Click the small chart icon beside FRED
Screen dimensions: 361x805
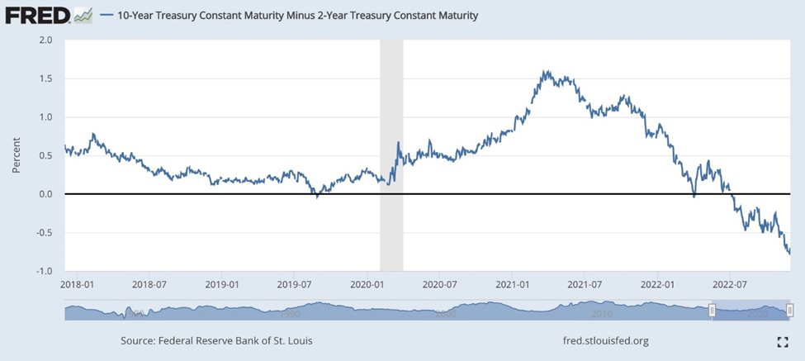(83, 15)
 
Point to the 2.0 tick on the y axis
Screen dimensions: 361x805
(45, 40)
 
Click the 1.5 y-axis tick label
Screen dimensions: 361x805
(45, 78)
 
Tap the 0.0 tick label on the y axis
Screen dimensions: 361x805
(45, 194)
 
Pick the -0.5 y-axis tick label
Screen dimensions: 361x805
(44, 232)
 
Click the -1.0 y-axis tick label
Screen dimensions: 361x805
(44, 271)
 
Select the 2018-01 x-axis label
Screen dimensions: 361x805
(78, 284)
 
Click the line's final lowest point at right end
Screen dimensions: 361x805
(789, 254)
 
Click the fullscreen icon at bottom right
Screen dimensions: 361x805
(783, 342)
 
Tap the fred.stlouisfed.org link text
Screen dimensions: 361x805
(604, 340)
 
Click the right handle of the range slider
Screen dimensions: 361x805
(790, 311)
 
